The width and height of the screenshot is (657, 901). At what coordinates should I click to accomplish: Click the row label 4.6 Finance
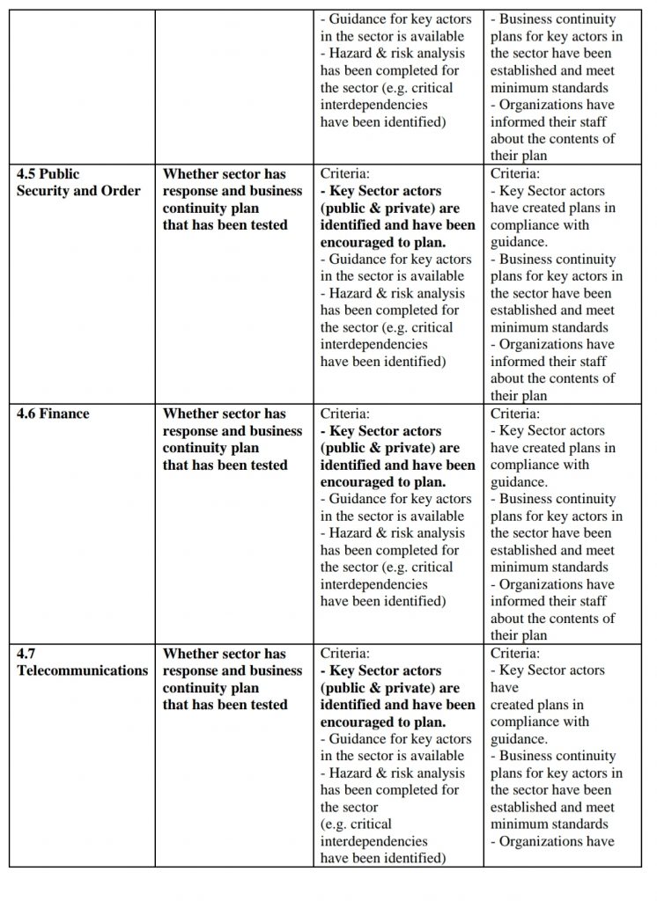coord(53,414)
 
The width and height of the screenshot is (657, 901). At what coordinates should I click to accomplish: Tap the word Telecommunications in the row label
coord(83,670)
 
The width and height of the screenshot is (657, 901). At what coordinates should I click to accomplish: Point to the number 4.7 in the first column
coord(26,654)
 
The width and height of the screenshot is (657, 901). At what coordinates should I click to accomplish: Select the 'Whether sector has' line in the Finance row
coord(224,414)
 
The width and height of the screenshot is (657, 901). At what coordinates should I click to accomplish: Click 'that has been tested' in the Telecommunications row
coord(224,705)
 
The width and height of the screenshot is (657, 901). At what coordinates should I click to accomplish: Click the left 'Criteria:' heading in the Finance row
coord(345,414)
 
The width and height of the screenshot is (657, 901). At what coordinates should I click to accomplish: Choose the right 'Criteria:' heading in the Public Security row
coord(515,174)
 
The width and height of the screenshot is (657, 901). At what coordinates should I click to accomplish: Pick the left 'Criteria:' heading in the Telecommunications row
coord(345,654)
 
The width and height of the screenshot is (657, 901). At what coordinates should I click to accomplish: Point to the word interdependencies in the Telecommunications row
coord(373,841)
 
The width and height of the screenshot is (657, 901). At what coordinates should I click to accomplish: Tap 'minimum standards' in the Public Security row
coord(549,327)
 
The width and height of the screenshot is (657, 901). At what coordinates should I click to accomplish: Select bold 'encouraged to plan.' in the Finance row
coord(383,482)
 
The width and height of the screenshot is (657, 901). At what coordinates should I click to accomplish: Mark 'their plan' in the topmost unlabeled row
coord(520,157)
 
